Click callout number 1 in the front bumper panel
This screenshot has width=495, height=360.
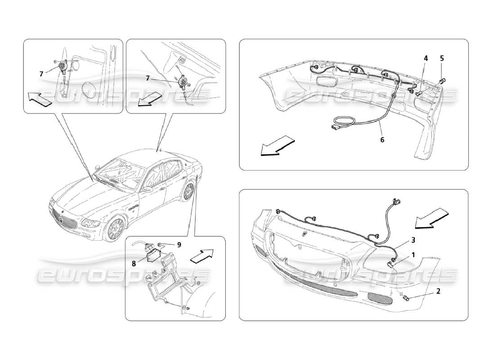pyautogui.click(x=413, y=254)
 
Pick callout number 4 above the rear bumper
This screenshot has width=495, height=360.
pyautogui.click(x=425, y=58)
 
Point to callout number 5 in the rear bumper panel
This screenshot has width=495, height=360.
pyautogui.click(x=442, y=58)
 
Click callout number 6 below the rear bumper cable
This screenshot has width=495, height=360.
pyautogui.click(x=382, y=139)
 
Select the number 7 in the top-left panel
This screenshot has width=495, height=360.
pyautogui.click(x=41, y=73)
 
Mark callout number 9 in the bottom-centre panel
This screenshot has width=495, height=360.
pyautogui.click(x=179, y=245)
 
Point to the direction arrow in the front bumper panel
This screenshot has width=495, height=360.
pyautogui.click(x=431, y=218)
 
